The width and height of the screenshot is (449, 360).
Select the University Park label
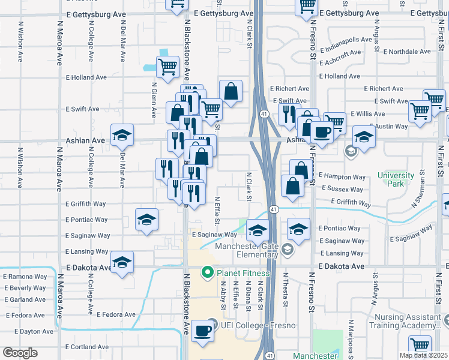coord(396,179)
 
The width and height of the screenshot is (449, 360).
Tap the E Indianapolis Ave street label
coord(346,40)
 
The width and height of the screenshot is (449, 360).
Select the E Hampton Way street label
coord(342,176)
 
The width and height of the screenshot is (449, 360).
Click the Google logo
coord(20,353)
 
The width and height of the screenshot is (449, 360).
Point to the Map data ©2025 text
coord(423,355)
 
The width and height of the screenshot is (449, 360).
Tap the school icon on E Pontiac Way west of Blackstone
coord(146,221)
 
